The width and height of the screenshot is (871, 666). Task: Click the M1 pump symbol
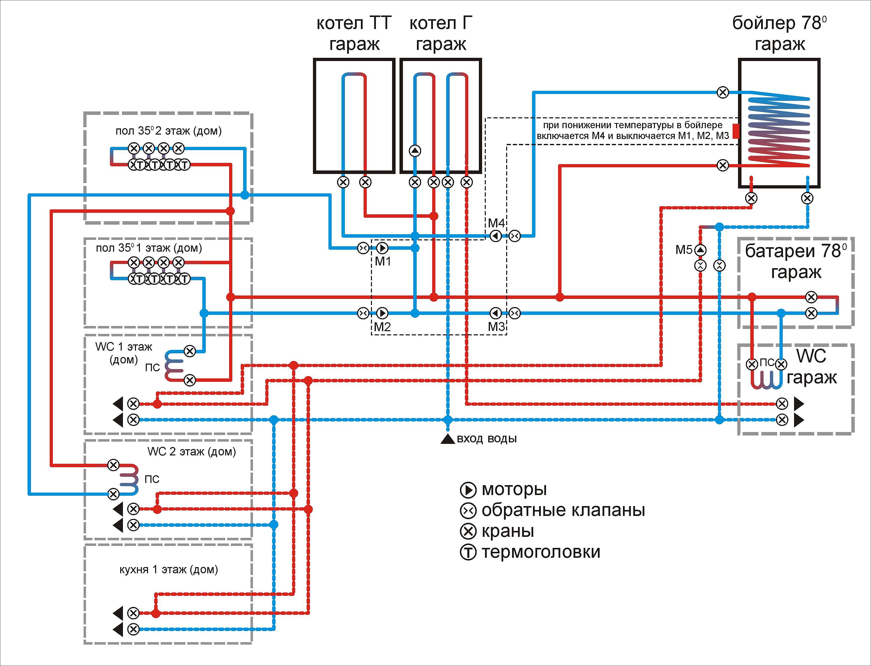[x=382, y=248]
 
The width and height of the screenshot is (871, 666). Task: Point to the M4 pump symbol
[x=496, y=236]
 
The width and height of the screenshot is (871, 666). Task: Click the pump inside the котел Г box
[x=415, y=151]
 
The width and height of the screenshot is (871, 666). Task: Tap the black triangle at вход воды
[x=448, y=439]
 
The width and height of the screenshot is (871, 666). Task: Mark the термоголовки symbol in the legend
[x=468, y=553]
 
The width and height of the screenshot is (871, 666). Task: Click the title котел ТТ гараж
[x=354, y=33]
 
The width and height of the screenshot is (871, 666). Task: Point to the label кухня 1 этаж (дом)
[x=169, y=570]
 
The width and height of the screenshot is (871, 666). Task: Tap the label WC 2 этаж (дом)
[x=192, y=451]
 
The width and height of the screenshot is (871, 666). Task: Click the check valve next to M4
[x=514, y=236]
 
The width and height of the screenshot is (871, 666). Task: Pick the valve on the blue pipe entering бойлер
[x=723, y=92]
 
